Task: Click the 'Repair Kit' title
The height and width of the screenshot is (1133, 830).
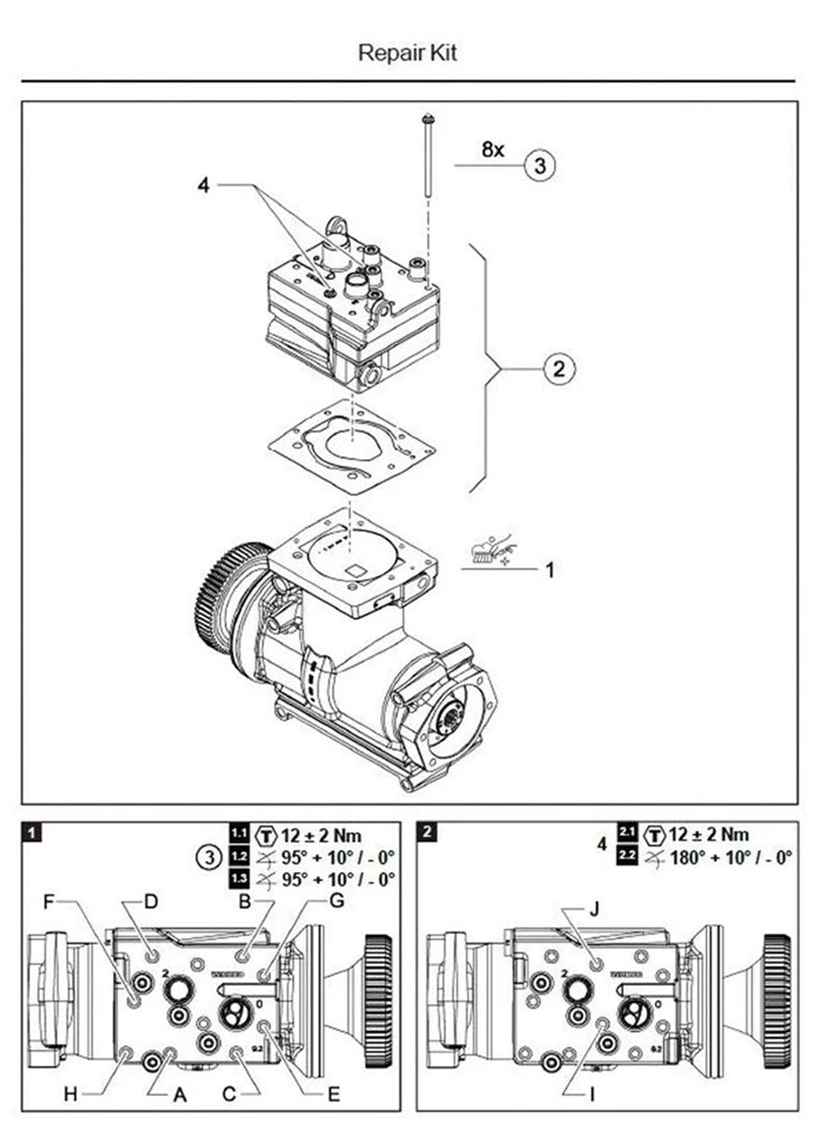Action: (x=408, y=52)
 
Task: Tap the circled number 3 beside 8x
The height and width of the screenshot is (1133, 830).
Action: (x=540, y=166)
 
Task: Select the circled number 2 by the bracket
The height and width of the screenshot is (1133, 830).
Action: (x=559, y=369)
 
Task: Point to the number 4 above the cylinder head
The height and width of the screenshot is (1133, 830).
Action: (x=203, y=185)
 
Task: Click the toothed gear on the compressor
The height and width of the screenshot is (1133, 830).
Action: (x=222, y=596)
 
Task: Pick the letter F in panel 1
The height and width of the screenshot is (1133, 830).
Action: (x=50, y=901)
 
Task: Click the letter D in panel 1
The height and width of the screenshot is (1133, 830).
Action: (x=151, y=901)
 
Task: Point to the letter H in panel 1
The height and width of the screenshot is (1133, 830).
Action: (x=70, y=1094)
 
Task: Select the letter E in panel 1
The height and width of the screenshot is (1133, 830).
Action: (x=334, y=1094)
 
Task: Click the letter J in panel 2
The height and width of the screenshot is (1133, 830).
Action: (x=593, y=910)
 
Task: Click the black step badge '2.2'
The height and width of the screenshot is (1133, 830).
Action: (x=627, y=855)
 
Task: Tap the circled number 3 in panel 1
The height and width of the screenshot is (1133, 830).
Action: (x=209, y=856)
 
